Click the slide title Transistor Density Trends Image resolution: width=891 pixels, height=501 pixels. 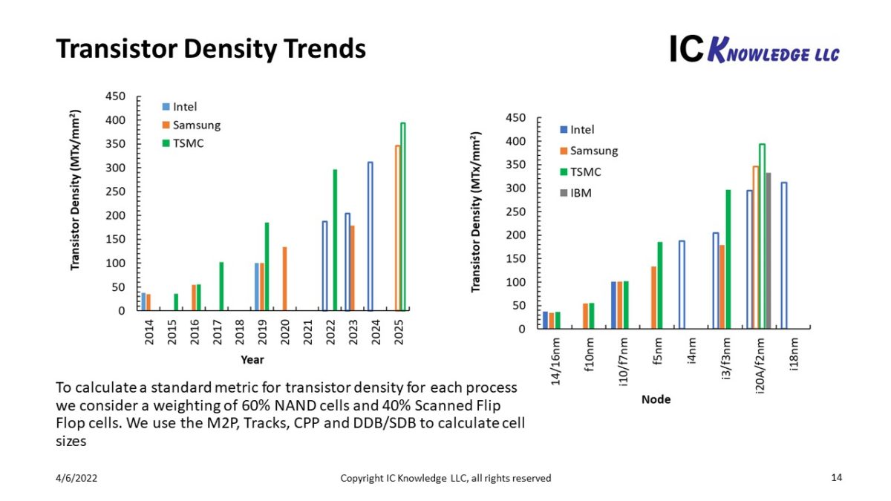[211, 49]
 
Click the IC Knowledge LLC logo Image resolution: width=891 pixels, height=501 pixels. [754, 49]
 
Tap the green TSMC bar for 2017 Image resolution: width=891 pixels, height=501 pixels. [221, 286]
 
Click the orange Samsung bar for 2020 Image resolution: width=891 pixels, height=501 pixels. [284, 278]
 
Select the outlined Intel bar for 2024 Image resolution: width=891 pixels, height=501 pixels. [370, 236]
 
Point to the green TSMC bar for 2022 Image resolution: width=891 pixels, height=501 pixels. [335, 240]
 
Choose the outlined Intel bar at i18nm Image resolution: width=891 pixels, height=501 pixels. [783, 255]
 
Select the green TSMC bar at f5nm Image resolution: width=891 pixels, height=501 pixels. [659, 285]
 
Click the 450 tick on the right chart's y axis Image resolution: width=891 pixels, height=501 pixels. [516, 118]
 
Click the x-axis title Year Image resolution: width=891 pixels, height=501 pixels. [252, 360]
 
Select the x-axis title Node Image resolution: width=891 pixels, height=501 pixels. [656, 399]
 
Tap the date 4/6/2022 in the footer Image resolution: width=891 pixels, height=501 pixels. [76, 478]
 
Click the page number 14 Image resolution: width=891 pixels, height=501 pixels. [837, 477]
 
